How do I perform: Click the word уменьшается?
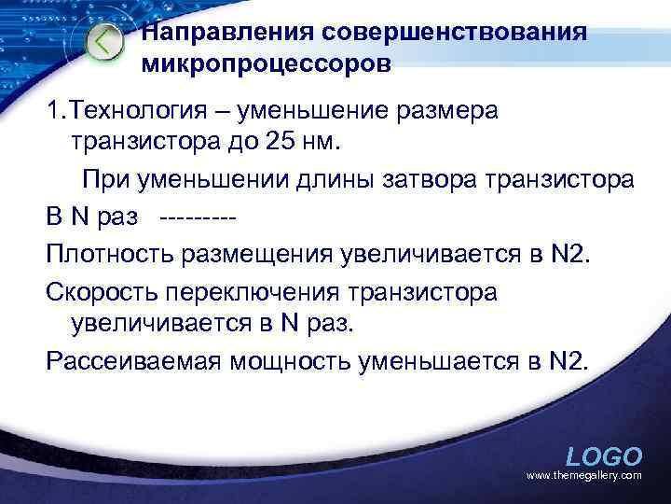pyautogui.click(x=432, y=361)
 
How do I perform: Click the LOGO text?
pyautogui.click(x=604, y=457)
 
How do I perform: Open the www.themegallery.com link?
pyautogui.click(x=585, y=476)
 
